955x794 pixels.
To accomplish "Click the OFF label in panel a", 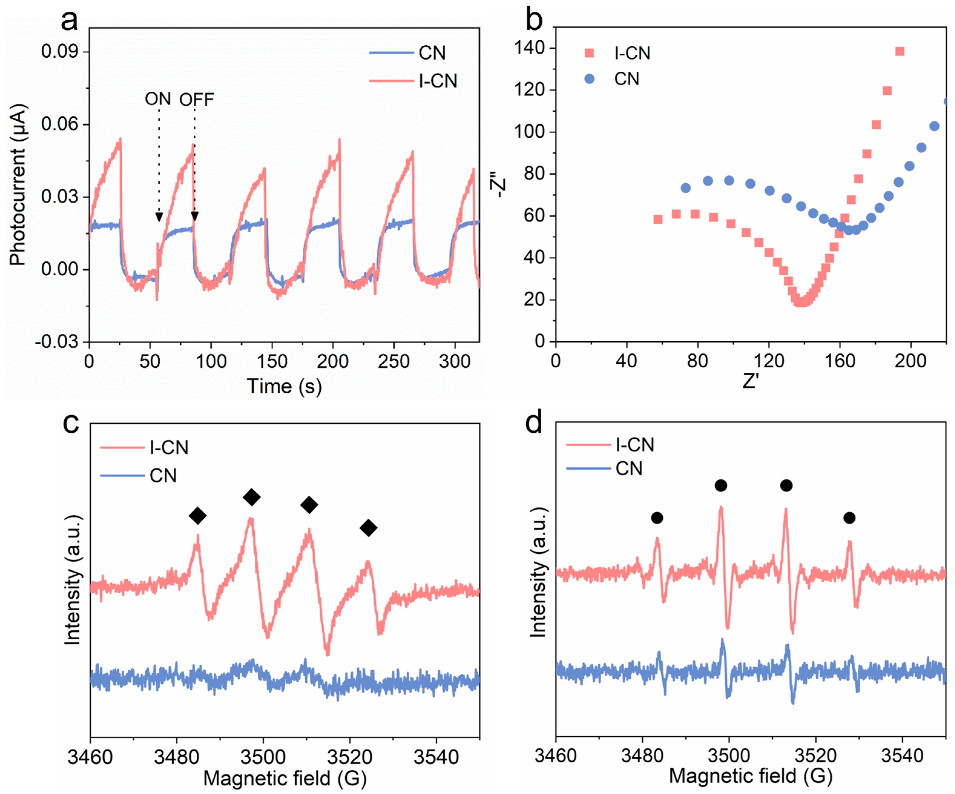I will tap(196, 100).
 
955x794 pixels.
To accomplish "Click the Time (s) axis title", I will tap(284, 386).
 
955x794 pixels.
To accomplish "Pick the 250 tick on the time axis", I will tap(394, 362).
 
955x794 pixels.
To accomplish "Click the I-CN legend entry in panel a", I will tap(438, 81).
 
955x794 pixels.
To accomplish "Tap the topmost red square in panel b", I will tap(900, 51).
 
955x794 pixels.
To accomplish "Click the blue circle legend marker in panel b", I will tap(589, 79).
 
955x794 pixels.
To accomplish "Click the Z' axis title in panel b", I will tap(750, 381).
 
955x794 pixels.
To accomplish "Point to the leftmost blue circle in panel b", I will tap(685, 188).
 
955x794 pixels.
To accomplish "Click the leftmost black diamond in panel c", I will tap(197, 516).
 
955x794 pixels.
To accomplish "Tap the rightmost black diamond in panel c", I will tap(368, 528).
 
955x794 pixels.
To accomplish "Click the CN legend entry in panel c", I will tap(163, 476).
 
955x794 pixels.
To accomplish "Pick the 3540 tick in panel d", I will tap(902, 755).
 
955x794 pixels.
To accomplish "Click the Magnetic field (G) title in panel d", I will tap(750, 776).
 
